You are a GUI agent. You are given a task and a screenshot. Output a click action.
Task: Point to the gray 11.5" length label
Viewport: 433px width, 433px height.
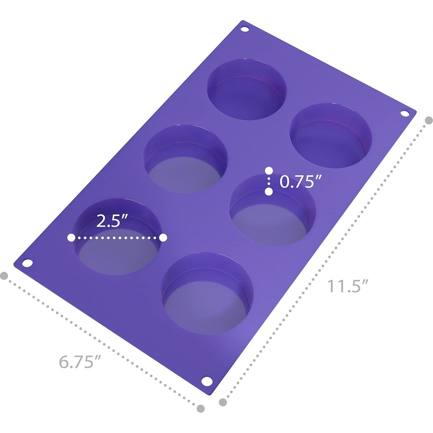point(347,286)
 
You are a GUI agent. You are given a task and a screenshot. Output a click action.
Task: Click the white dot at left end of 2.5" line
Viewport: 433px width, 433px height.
point(71,238)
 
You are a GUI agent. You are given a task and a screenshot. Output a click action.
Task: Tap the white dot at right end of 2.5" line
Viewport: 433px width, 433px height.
point(163,238)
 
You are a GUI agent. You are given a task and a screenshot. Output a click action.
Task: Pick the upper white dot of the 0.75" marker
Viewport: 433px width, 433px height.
point(269,170)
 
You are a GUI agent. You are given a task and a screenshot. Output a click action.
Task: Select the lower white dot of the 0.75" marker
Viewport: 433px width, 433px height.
point(269,191)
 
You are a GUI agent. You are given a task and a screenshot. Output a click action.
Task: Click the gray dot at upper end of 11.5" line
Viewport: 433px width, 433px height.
point(429,120)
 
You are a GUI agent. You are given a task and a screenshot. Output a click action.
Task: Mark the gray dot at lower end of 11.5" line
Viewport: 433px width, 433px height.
point(223,402)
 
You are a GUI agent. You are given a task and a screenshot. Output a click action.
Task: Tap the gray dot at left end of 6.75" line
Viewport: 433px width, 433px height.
point(4,275)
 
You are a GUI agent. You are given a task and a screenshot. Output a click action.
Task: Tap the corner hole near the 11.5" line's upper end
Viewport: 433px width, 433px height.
point(405,114)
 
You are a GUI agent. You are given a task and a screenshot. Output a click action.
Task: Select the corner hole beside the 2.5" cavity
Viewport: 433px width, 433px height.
point(28,263)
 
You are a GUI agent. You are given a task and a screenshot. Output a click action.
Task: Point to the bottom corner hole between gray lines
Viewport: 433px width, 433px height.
point(206,381)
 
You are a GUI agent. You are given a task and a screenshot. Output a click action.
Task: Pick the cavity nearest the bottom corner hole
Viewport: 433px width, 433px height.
point(207,293)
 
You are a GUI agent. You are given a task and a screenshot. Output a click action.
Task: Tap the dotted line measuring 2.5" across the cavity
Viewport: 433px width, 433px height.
point(117,238)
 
